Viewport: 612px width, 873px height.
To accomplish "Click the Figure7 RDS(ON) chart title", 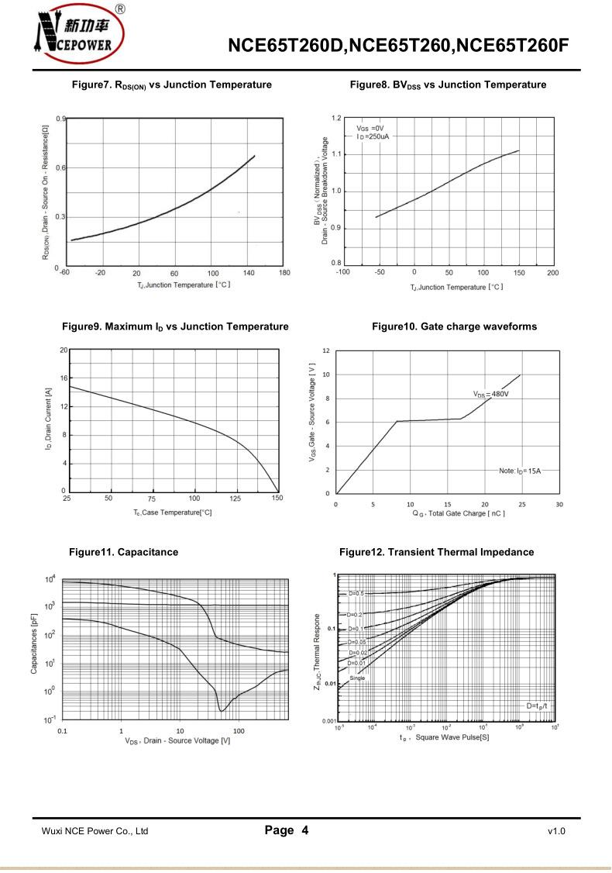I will tap(171, 85).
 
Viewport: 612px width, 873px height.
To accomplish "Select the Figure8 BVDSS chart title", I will tap(448, 85).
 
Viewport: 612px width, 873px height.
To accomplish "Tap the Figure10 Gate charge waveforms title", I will tap(454, 326).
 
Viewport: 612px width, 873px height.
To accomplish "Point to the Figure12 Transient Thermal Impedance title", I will tap(436, 552).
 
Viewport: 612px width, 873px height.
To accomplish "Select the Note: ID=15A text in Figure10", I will tap(519, 471).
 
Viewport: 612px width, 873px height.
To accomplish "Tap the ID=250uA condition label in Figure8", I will tap(373, 136).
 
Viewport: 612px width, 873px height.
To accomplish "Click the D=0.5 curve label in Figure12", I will tap(356, 593).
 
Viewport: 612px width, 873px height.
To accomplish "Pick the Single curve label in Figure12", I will tap(357, 678).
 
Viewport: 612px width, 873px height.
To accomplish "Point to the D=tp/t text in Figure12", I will tap(536, 705).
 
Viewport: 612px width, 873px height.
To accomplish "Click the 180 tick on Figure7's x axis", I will tap(284, 273).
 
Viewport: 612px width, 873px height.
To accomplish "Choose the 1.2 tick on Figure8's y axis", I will tap(335, 118).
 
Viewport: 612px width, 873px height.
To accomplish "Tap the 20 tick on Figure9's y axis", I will tap(63, 350).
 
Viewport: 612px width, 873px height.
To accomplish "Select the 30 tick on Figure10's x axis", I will tap(559, 504).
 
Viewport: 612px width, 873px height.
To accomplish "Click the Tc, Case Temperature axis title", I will tap(172, 512).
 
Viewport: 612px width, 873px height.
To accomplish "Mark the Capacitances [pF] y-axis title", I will tap(34, 643).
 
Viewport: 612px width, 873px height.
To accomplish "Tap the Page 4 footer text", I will tap(287, 830).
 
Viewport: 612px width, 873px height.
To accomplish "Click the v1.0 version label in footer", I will tap(556, 831).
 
